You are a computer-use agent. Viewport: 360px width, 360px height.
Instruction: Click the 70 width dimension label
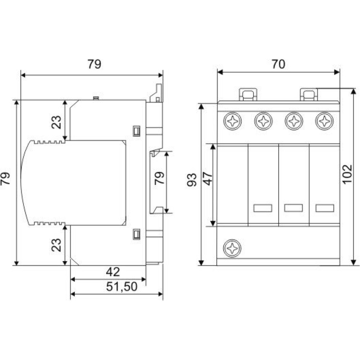[x=278, y=64]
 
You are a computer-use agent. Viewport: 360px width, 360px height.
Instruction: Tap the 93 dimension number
[x=192, y=180]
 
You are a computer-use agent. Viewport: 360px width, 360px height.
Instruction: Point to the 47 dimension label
[x=208, y=179]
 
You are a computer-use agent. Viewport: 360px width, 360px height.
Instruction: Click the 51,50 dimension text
[x=122, y=286]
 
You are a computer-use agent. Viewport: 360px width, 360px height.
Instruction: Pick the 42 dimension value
[x=113, y=272]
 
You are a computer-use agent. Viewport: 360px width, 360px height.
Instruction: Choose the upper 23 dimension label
[x=56, y=122]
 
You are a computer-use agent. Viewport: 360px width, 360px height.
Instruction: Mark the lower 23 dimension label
[x=56, y=245]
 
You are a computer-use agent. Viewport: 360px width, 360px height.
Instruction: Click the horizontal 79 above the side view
[x=94, y=64]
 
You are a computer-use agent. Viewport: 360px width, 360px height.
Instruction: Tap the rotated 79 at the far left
[x=5, y=179]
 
